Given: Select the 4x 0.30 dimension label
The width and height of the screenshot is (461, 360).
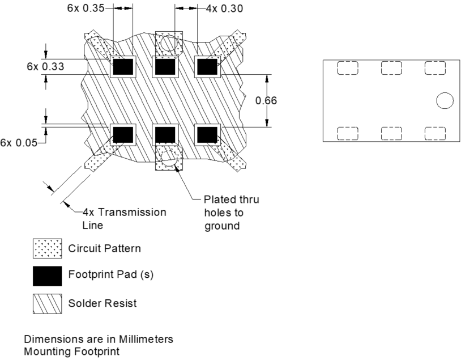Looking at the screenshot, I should point(221,9).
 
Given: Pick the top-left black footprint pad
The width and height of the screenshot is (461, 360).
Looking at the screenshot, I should point(123,67).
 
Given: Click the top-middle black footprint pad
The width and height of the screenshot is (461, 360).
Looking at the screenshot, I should point(165,67).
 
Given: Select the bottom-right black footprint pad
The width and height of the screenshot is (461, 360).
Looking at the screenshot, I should point(207,134).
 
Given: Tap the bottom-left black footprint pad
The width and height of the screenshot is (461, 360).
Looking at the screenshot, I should point(123,134).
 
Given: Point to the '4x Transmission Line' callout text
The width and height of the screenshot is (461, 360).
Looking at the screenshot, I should point(124,218).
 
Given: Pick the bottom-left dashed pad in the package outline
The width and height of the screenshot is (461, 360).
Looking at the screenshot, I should point(348,133).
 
